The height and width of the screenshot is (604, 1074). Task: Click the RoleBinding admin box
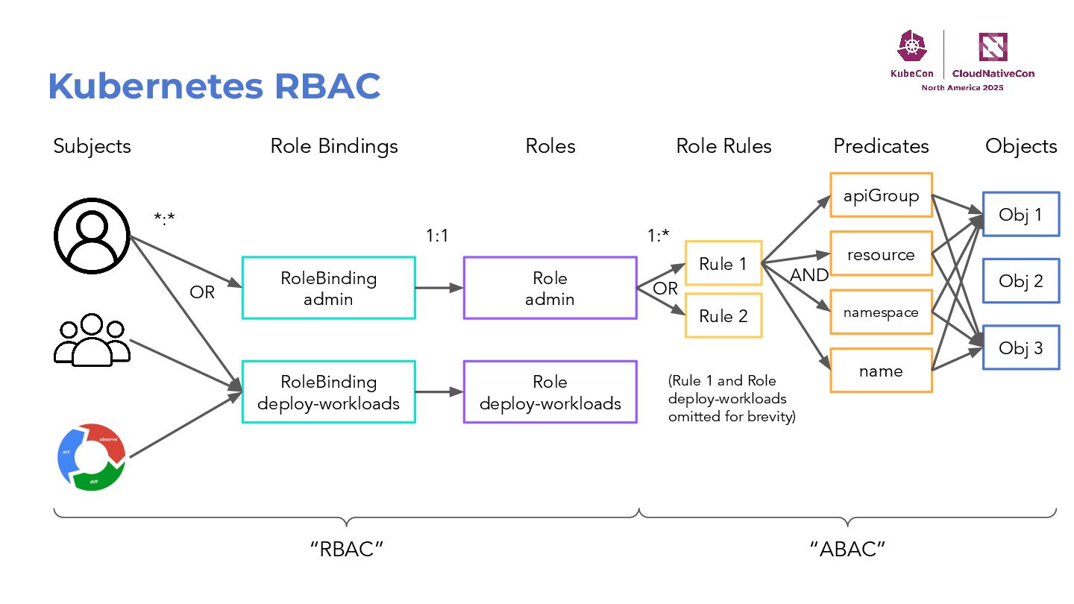(328, 288)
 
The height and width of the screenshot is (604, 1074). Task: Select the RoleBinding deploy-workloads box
(328, 392)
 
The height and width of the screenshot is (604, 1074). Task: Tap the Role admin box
(550, 288)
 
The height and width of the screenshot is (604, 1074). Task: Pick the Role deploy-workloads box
(550, 392)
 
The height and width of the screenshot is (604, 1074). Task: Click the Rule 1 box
(723, 262)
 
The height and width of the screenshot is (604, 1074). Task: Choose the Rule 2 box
(723, 316)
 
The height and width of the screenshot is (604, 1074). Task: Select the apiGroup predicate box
(881, 196)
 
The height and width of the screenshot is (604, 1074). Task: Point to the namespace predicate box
(881, 312)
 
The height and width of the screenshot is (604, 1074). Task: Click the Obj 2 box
(1020, 281)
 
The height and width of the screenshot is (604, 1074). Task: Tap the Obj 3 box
(1020, 347)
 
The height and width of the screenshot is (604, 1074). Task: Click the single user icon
(92, 236)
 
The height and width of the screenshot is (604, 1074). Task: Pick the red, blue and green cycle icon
(92, 457)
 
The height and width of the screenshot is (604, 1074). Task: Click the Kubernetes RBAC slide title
(214, 86)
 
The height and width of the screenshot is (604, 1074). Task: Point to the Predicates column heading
(881, 146)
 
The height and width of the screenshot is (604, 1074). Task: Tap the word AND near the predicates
(809, 275)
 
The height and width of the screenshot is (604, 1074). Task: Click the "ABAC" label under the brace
(847, 550)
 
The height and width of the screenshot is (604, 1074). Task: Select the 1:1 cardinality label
(437, 236)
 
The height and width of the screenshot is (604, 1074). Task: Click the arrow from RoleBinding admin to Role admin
(439, 288)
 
